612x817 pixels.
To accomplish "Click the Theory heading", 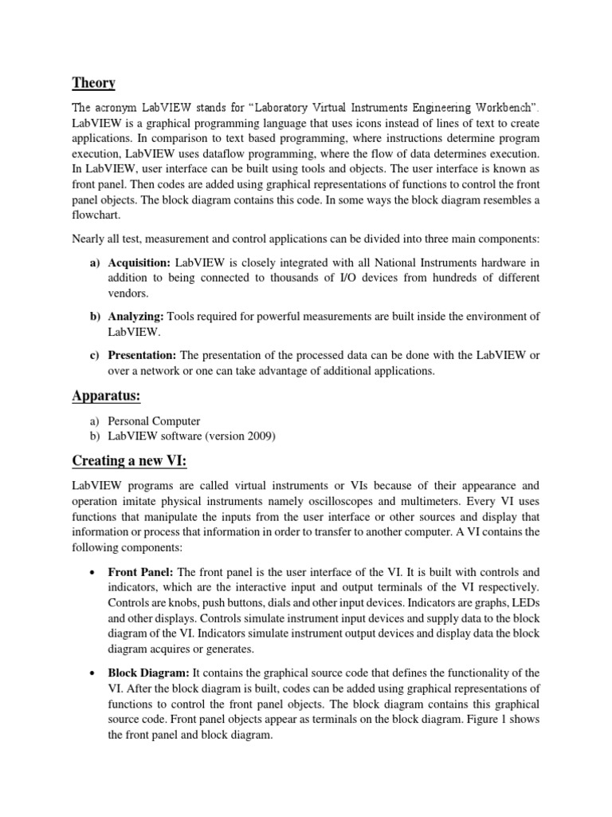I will (93, 82).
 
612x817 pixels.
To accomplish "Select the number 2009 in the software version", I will (258, 435).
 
